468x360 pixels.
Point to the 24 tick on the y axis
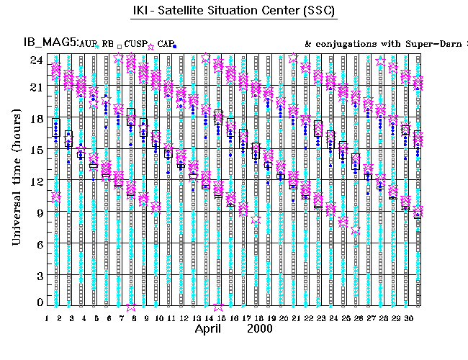(34, 60)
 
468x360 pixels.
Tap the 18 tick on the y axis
(34, 120)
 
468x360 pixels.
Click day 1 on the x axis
(47, 318)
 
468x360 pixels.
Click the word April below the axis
(212, 328)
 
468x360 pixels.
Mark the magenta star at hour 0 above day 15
(218, 305)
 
